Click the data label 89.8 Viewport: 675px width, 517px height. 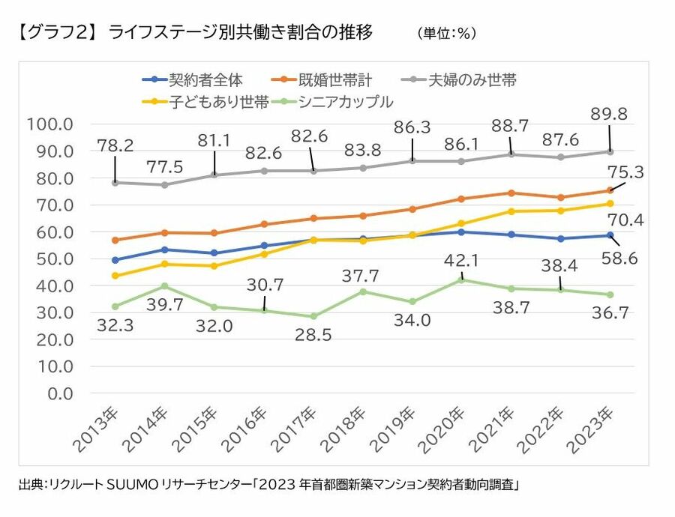[x=609, y=114]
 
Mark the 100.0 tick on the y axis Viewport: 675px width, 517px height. [x=51, y=124]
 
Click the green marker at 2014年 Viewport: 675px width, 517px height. [x=165, y=286]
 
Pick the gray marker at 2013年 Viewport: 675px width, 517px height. [x=115, y=182]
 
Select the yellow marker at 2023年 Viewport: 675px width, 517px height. [x=610, y=203]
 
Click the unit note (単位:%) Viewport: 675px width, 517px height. [x=447, y=34]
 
